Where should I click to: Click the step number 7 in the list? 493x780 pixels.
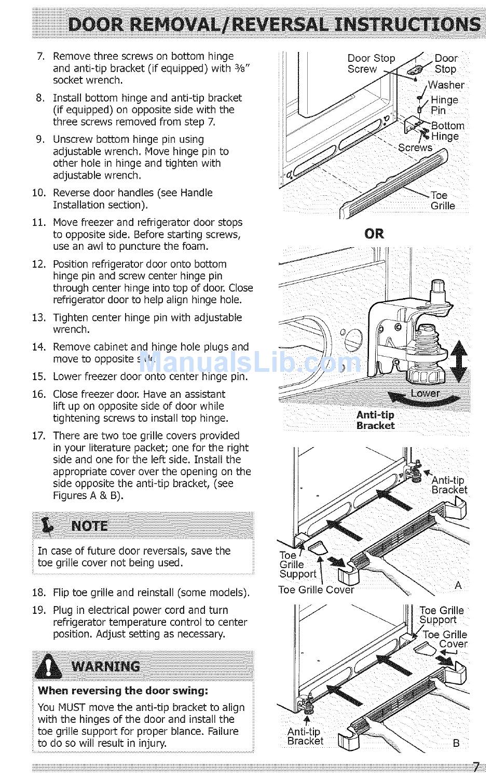point(41,56)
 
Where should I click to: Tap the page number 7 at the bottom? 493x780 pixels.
point(475,767)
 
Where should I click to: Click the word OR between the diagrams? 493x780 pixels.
point(374,234)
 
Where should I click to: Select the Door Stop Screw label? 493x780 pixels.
point(371,63)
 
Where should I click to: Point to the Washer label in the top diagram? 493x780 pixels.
point(446,85)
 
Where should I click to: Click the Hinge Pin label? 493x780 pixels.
point(444,105)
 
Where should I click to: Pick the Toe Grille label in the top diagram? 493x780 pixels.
point(442,200)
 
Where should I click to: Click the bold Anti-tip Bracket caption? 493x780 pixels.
point(375,420)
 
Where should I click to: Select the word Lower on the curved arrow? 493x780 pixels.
point(425,393)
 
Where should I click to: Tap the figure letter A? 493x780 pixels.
point(458,585)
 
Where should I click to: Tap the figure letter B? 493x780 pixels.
point(456,743)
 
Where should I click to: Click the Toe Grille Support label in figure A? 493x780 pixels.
point(297,564)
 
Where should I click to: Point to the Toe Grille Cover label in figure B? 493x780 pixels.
point(445,639)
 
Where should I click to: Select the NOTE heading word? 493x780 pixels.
point(90,526)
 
